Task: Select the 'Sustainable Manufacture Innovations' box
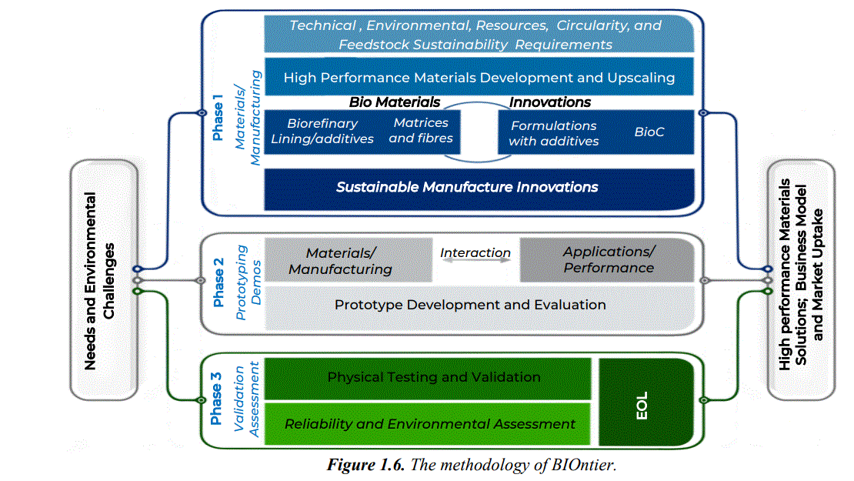pos(467,187)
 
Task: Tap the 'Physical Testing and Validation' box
pos(434,377)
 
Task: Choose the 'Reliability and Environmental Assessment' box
pos(430,424)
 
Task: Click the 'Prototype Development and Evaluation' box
pos(470,305)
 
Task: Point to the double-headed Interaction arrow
pos(475,262)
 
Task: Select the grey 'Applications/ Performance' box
pos(608,260)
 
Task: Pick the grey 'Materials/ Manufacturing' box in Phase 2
pos(341,261)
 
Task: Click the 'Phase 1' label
pos(219,120)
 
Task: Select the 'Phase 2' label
pos(219,282)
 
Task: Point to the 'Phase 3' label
pos(218,398)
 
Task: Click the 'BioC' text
pos(649,132)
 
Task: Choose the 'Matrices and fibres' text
pos(421,131)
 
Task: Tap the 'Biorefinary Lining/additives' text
pos(322,132)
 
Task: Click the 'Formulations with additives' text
pos(554,133)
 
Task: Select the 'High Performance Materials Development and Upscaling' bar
pos(479,78)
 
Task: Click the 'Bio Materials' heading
pos(395,102)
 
